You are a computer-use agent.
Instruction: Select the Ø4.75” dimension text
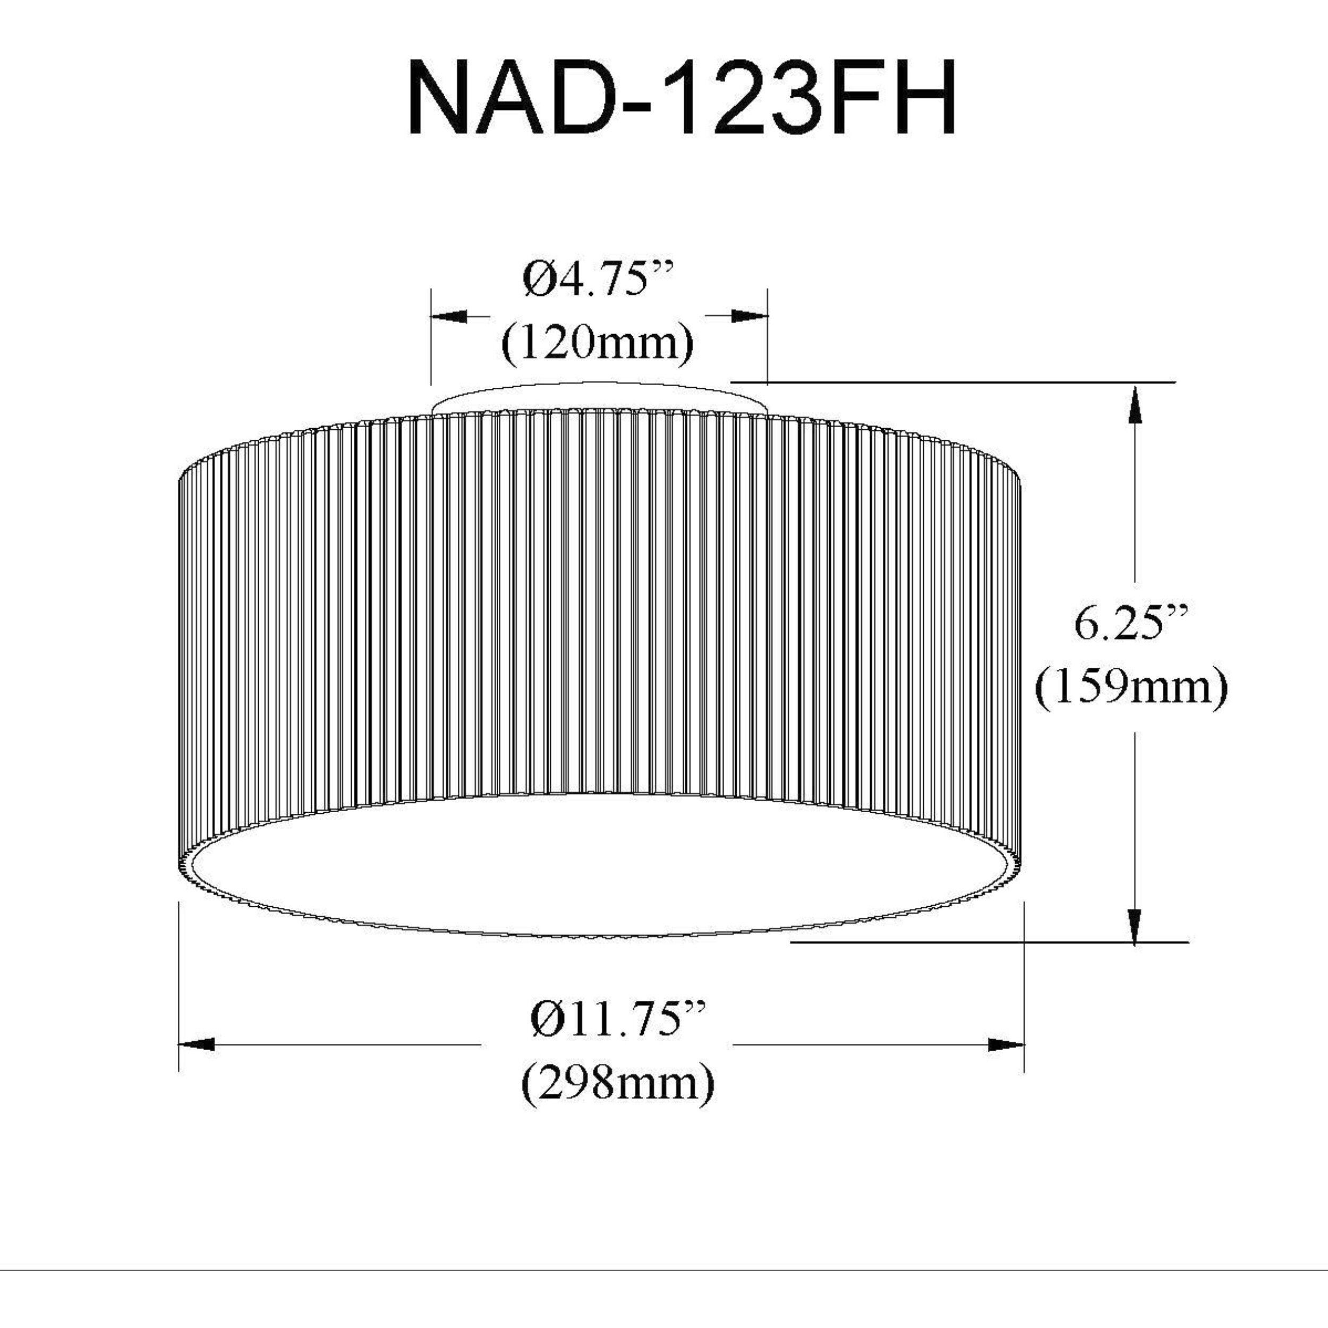click(596, 280)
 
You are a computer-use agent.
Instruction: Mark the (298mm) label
click(618, 1084)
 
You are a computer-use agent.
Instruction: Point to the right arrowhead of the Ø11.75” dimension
click(1006, 1045)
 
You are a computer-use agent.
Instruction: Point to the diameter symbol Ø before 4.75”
click(536, 280)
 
